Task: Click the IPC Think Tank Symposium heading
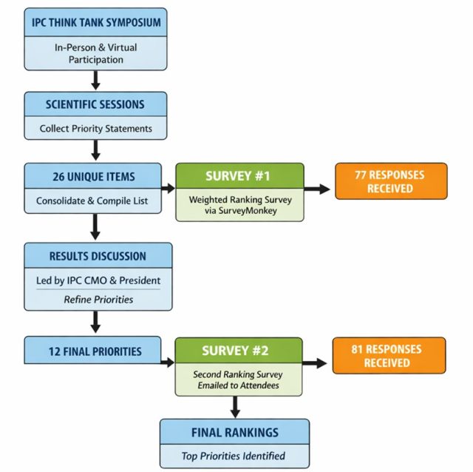coord(96,23)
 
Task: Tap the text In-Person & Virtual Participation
coord(95,53)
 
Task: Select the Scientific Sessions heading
coord(95,104)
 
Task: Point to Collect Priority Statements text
coord(95,129)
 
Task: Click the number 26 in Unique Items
coord(58,177)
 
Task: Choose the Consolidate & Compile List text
coord(92,200)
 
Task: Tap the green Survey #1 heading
coord(238,176)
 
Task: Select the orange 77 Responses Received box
coord(391,181)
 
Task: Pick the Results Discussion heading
coord(98,257)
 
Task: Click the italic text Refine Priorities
coord(98,300)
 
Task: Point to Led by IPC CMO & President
coord(98,280)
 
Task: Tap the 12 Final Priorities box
coord(92,350)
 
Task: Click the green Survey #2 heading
coord(235,351)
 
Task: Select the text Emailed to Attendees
coord(238,385)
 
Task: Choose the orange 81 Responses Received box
coord(389,356)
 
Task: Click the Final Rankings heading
coord(235,433)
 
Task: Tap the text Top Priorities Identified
coord(234,456)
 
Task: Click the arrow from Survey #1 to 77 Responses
coord(317,189)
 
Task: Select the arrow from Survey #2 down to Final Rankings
coord(235,407)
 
